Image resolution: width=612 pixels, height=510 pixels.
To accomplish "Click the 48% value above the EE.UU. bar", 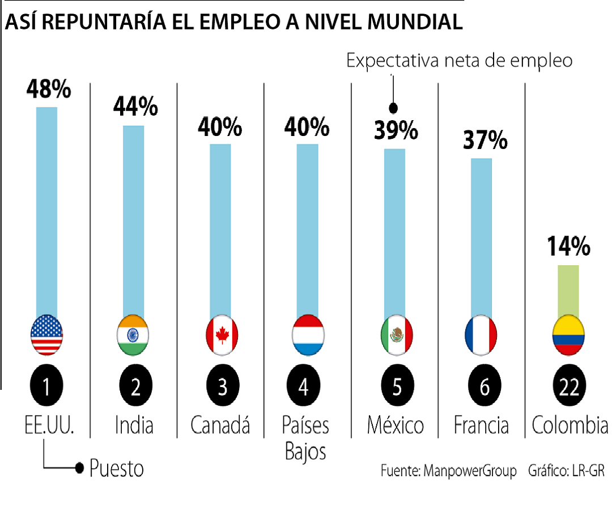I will click(48, 90).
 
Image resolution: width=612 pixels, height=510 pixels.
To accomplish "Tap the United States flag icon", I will click(46, 335).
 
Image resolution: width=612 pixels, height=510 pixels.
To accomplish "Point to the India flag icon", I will click(133, 335).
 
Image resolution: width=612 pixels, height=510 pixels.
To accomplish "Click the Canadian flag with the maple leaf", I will click(221, 335).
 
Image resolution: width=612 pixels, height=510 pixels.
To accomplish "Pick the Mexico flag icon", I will click(396, 335).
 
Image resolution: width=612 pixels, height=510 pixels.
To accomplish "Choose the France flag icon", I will click(481, 335).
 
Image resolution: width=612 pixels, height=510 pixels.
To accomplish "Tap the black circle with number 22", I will click(568, 388).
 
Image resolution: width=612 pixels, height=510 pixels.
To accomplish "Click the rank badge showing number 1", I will click(47, 388).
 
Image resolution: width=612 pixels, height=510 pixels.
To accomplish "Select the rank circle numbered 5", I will click(396, 388).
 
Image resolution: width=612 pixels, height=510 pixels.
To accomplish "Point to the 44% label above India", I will click(135, 107).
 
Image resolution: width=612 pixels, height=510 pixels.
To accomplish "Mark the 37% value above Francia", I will click(485, 139).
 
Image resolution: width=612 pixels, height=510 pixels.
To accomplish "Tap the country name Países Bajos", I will click(305, 438).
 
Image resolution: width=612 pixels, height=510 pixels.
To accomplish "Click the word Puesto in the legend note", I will click(117, 468).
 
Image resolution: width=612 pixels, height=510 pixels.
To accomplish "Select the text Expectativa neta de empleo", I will click(460, 61).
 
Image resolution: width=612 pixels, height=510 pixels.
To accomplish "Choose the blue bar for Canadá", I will click(220, 229).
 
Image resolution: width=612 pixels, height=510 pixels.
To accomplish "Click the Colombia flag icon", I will click(568, 335).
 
